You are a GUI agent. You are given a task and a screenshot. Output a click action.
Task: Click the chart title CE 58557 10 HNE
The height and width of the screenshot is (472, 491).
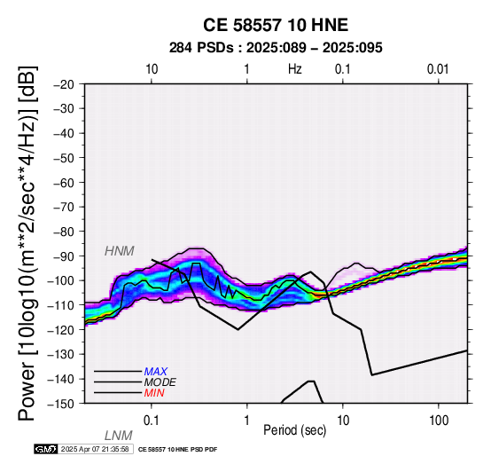[276, 25]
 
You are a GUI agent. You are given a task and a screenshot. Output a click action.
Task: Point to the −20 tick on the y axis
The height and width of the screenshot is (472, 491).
[64, 84]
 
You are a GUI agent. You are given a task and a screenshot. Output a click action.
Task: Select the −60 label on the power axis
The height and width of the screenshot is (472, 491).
[64, 183]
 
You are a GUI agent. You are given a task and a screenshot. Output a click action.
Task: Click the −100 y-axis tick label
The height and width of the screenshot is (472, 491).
[61, 280]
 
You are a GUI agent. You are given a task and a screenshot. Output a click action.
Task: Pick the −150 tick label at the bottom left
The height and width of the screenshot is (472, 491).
[61, 404]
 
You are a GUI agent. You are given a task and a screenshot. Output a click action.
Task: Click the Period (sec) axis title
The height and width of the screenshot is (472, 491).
[294, 430]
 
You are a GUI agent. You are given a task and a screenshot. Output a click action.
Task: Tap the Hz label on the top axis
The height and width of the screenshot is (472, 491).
[294, 69]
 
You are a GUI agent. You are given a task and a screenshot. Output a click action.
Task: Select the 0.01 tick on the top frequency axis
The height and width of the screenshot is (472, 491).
[438, 69]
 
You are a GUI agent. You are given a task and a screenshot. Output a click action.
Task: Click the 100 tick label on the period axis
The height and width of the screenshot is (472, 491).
[439, 421]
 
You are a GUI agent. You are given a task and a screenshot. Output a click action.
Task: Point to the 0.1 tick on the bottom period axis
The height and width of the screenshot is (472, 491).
[152, 421]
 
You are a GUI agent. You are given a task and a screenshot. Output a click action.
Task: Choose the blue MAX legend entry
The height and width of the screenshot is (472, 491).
[156, 372]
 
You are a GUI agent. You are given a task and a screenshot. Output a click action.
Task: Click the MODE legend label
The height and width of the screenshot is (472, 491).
[160, 382]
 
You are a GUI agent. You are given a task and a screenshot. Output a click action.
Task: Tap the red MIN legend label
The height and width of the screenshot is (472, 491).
[154, 393]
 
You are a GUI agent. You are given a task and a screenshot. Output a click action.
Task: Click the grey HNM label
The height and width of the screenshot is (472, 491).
[120, 251]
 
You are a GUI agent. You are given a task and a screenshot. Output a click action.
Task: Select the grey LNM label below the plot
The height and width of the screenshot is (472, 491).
[119, 436]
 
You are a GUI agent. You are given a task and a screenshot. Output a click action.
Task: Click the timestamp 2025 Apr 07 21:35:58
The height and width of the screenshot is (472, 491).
[95, 449]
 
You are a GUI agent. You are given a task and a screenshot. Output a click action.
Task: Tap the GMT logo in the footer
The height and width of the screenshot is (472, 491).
[46, 449]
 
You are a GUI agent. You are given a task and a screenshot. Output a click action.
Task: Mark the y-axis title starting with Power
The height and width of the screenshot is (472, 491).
[27, 243]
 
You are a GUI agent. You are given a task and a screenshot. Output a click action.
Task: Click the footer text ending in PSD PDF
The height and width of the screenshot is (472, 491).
[177, 450]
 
